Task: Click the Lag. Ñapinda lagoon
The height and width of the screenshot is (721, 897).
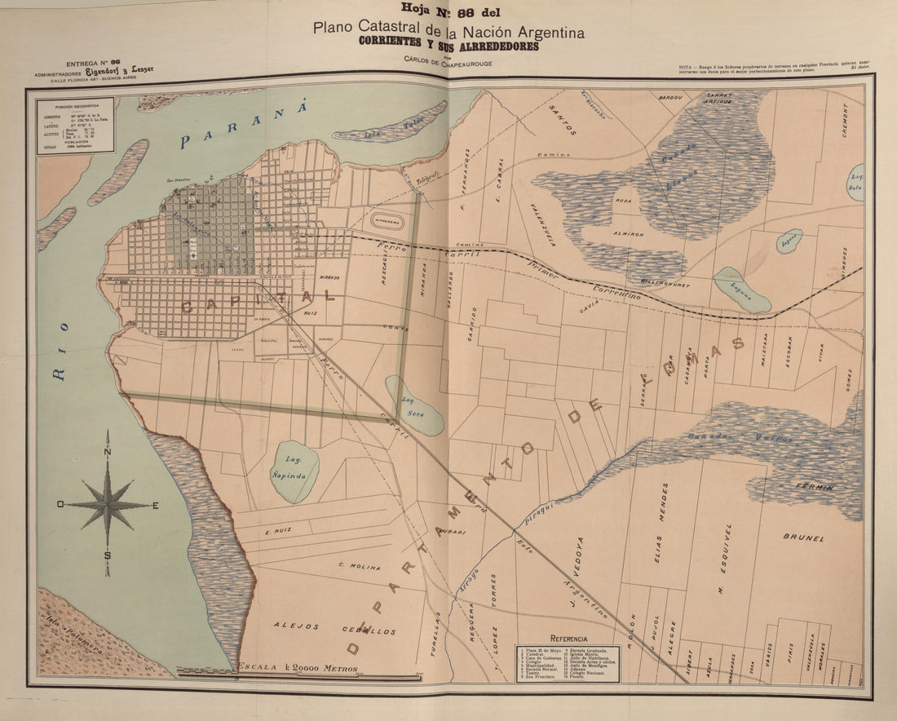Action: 294,471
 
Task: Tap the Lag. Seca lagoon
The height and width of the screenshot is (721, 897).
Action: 413,405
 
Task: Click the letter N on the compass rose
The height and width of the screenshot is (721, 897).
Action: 108,456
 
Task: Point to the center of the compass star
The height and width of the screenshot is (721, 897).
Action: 108,505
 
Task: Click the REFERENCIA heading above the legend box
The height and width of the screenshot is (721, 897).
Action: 568,639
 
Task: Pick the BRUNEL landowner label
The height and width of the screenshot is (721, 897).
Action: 803,538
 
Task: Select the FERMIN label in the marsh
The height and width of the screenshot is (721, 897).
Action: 815,487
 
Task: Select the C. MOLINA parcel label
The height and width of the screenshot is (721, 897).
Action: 359,566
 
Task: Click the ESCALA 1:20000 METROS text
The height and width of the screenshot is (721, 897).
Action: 298,668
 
